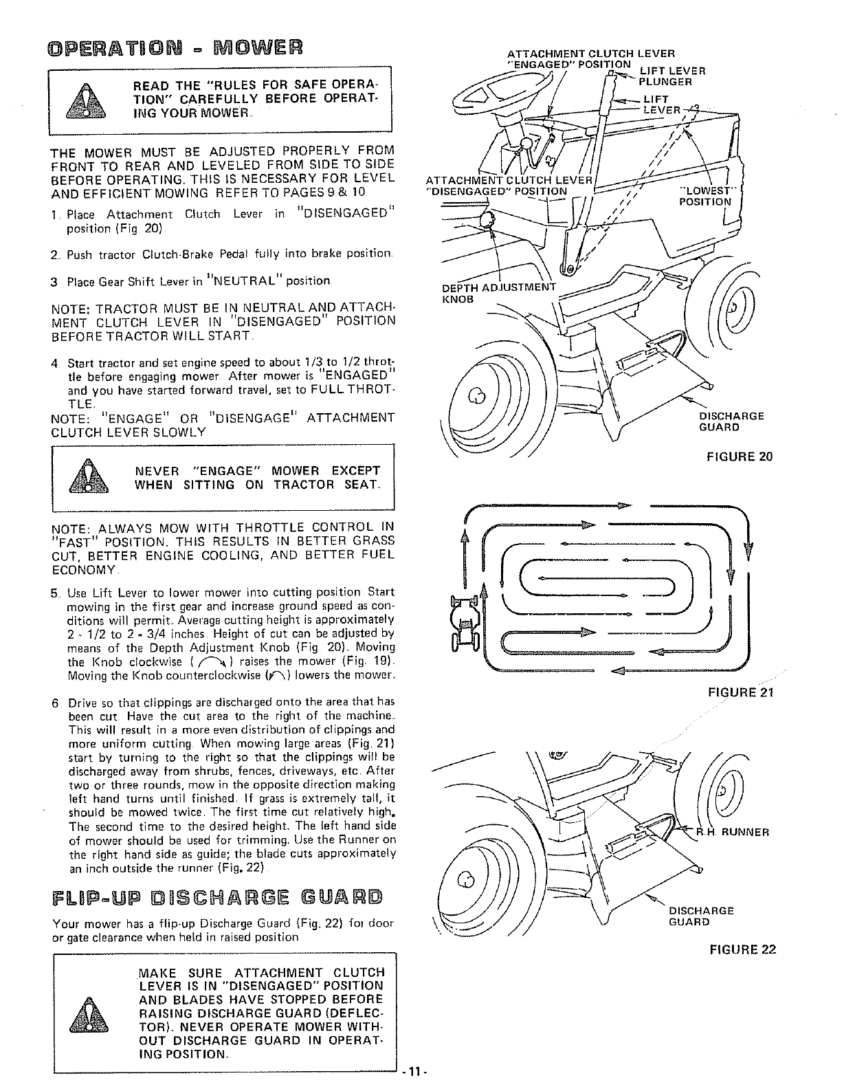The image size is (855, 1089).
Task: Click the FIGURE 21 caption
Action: click(742, 692)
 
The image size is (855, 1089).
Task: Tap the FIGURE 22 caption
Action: click(743, 949)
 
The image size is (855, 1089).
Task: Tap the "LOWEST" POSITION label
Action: click(705, 196)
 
